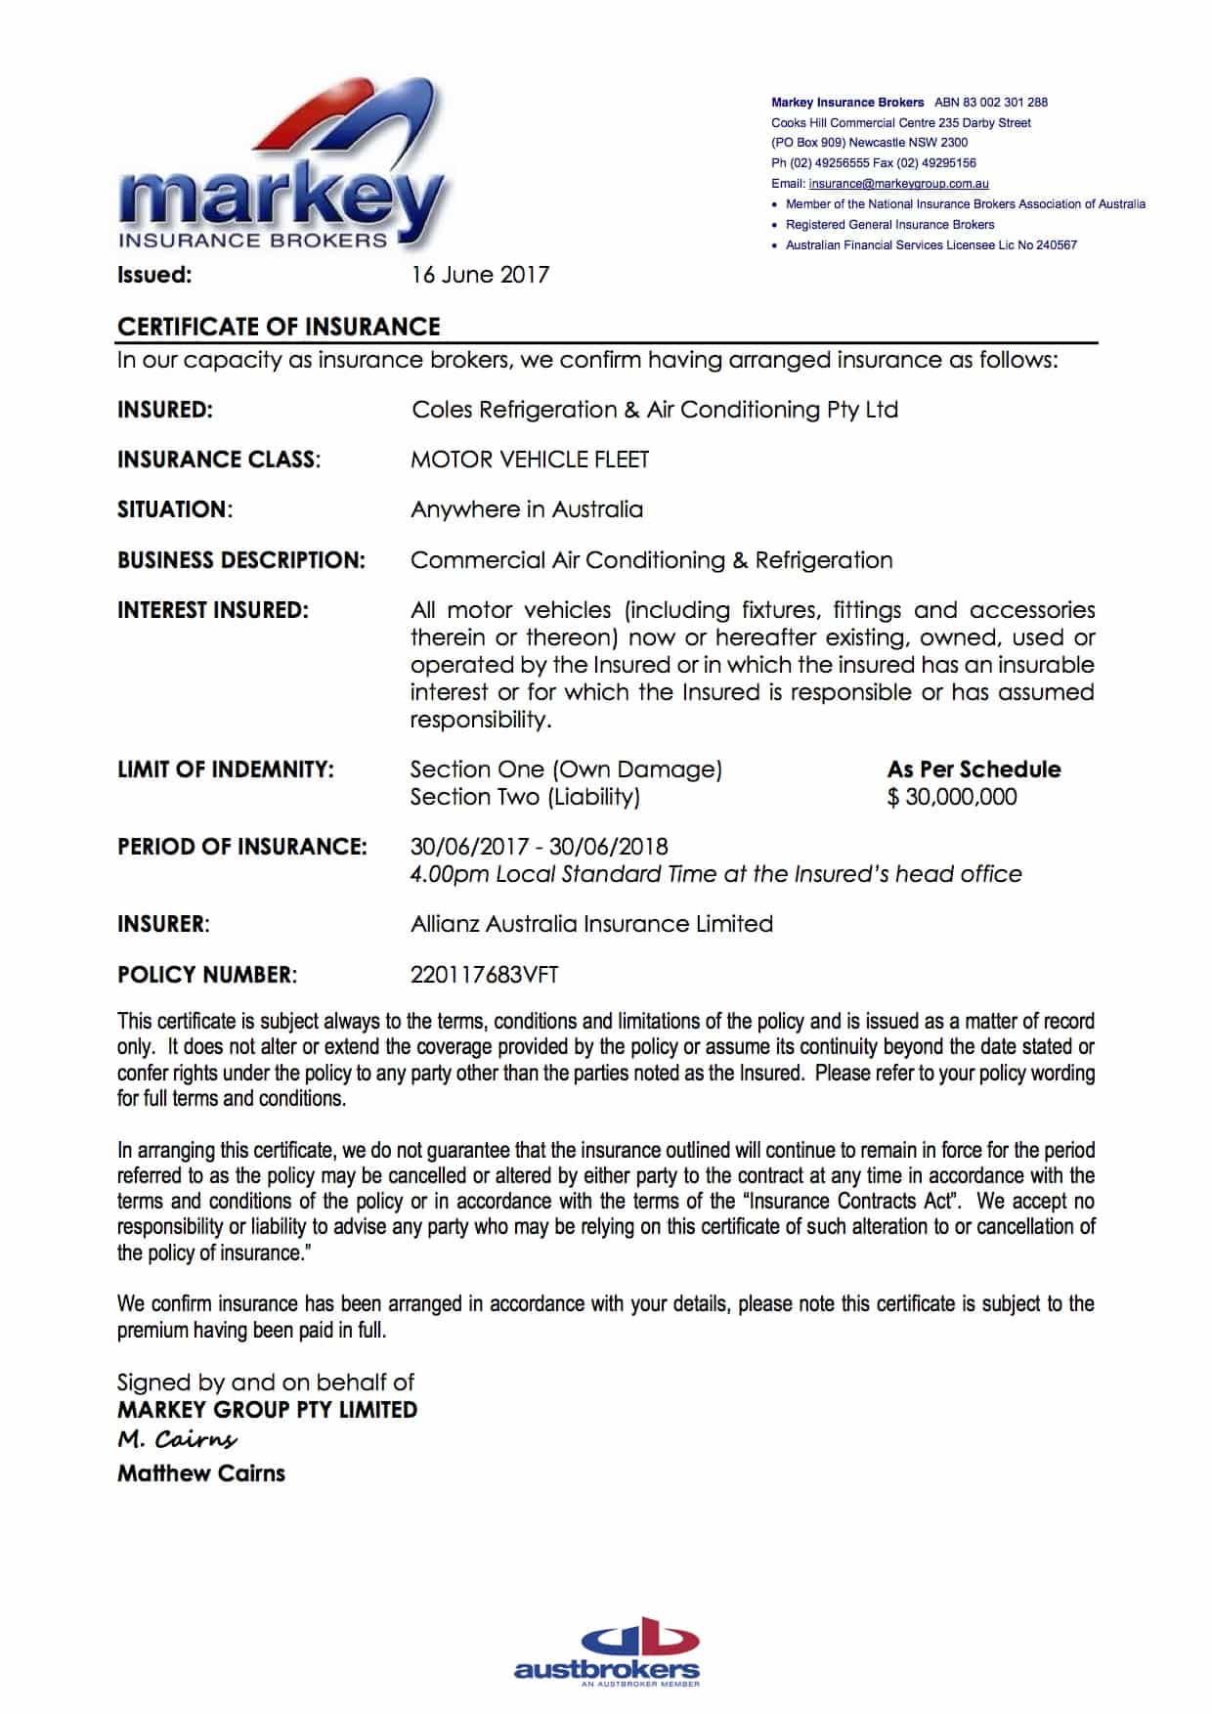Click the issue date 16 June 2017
coord(480,275)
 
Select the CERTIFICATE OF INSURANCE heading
coord(279,327)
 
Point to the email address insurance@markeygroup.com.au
coord(898,184)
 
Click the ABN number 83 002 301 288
coord(991,102)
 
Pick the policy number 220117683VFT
coord(484,975)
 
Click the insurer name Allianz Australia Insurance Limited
coord(591,924)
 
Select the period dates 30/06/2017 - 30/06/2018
coord(539,847)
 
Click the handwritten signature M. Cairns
coord(177,1439)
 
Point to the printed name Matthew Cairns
coord(201,1473)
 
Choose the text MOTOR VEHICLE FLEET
coord(530,460)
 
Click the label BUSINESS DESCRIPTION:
coord(241,560)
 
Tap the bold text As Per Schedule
coord(974,769)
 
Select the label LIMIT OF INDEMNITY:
coord(226,769)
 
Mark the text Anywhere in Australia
coord(527,509)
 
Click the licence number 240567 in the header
coord(1057,245)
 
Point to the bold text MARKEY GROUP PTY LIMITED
coord(267,1410)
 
